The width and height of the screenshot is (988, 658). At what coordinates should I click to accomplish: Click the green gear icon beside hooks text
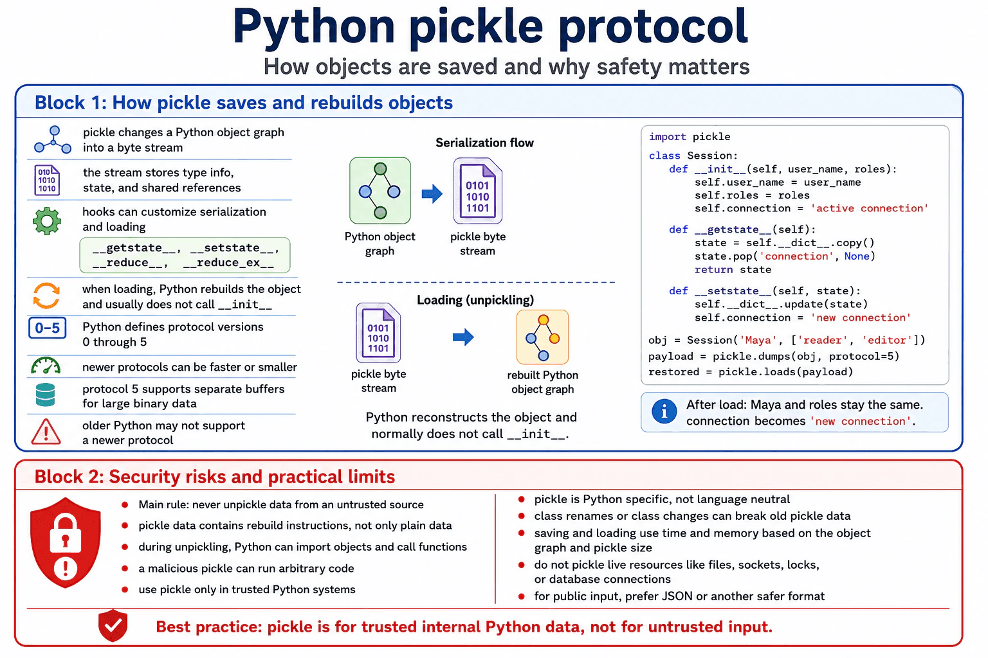pyautogui.click(x=47, y=221)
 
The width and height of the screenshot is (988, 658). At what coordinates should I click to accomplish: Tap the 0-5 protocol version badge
pyautogui.click(x=47, y=328)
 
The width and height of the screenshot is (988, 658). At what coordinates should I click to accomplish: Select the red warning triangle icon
pyautogui.click(x=46, y=431)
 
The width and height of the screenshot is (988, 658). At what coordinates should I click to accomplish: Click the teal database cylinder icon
pyautogui.click(x=46, y=395)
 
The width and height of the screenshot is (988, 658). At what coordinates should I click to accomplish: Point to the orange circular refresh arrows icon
pyautogui.click(x=46, y=296)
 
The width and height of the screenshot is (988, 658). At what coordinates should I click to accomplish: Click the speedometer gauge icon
pyautogui.click(x=46, y=366)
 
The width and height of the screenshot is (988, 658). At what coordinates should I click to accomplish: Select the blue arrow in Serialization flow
pyautogui.click(x=432, y=193)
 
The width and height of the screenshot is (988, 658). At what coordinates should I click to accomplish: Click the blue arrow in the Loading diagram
pyautogui.click(x=463, y=337)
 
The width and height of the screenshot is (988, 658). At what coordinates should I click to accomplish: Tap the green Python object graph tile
pyautogui.click(x=380, y=190)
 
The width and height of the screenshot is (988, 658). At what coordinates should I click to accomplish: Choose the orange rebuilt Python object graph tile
pyautogui.click(x=542, y=337)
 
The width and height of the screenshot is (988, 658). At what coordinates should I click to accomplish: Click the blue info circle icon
pyautogui.click(x=664, y=412)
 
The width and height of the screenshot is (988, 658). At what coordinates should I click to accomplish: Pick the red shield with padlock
pyautogui.click(x=65, y=542)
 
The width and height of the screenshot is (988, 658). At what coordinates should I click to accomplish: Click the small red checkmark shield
pyautogui.click(x=113, y=625)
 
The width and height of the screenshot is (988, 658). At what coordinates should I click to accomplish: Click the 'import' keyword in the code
pyautogui.click(x=667, y=137)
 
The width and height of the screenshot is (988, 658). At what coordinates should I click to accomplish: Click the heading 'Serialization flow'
pyautogui.click(x=484, y=143)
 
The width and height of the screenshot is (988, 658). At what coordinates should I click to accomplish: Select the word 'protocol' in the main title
pyautogui.click(x=653, y=28)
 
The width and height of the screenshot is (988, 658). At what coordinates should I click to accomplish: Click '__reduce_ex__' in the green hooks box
pyautogui.click(x=228, y=263)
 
